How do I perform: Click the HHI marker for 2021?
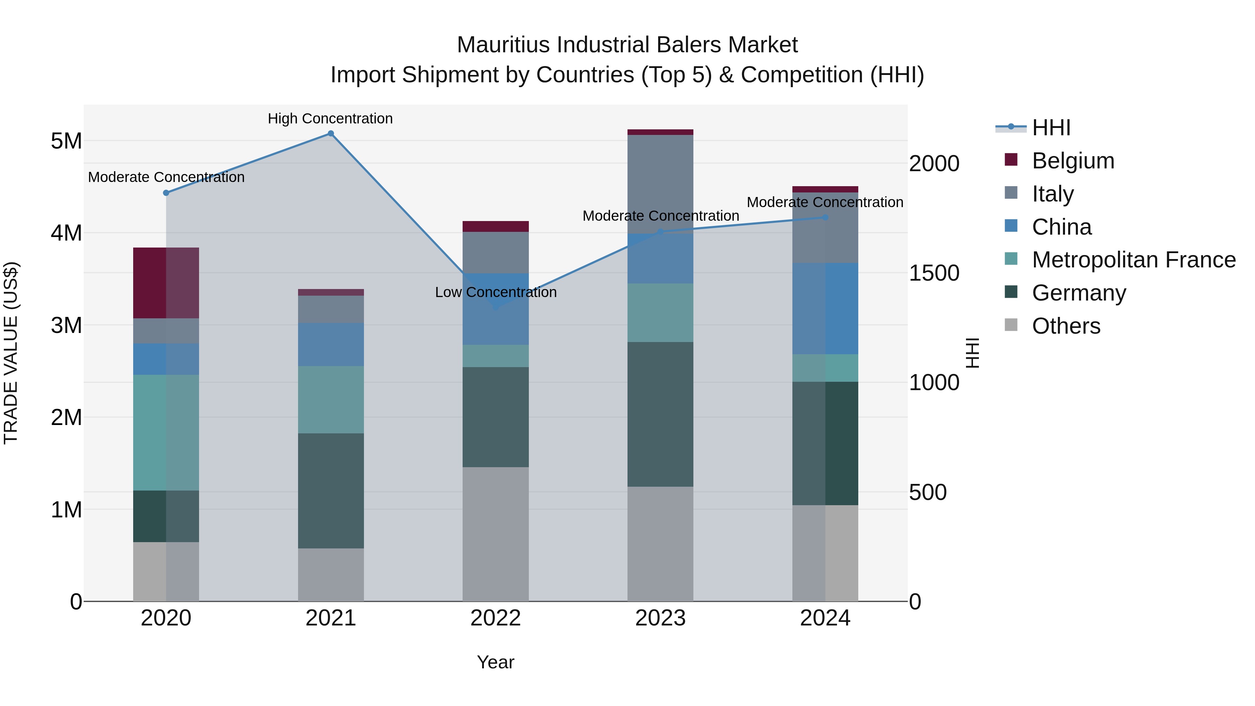(330, 134)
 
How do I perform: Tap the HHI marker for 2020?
(166, 193)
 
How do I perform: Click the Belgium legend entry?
(1072, 161)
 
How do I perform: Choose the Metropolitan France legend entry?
(1133, 260)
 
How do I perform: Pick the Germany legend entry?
(1079, 293)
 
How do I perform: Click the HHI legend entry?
(1051, 128)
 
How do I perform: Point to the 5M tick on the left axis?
(66, 141)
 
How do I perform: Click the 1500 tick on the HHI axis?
(934, 273)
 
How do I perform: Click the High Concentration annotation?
(330, 119)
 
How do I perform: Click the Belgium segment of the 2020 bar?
(166, 283)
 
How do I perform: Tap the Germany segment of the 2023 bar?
(660, 414)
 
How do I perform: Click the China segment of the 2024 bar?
(825, 309)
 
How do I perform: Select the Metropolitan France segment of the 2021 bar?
(330, 400)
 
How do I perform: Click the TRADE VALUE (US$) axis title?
(11, 353)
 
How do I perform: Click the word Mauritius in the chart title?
(504, 45)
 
